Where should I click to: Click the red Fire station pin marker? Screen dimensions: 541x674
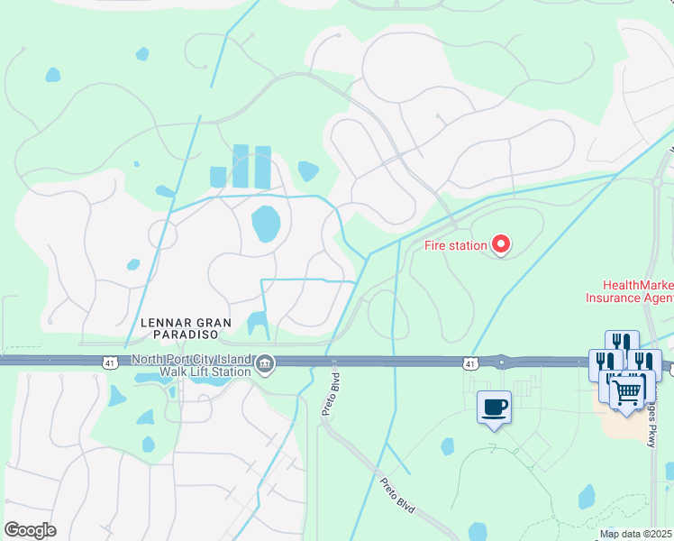pos(500,243)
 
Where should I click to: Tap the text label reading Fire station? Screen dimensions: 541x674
pos(455,244)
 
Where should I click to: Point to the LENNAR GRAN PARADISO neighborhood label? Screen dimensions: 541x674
pos(186,328)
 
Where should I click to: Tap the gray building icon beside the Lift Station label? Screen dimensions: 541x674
pos(264,363)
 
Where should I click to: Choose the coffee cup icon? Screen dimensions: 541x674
pos(494,408)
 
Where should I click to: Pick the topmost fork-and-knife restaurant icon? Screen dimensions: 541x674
pos(621,344)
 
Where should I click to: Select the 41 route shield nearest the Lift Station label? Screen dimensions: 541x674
pos(109,362)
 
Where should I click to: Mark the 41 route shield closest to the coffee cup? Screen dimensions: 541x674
pos(469,362)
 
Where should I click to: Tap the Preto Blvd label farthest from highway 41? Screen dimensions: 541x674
pos(398,495)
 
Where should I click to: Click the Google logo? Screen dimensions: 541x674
pos(30,530)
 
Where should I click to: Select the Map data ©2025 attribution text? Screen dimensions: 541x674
pos(636,534)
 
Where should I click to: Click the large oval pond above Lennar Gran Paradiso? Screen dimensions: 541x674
pos(266,225)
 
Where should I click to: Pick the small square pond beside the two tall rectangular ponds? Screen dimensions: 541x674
pos(218,176)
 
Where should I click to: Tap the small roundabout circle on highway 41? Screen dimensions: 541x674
pos(502,362)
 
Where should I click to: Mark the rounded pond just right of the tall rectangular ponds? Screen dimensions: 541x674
pos(308,170)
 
